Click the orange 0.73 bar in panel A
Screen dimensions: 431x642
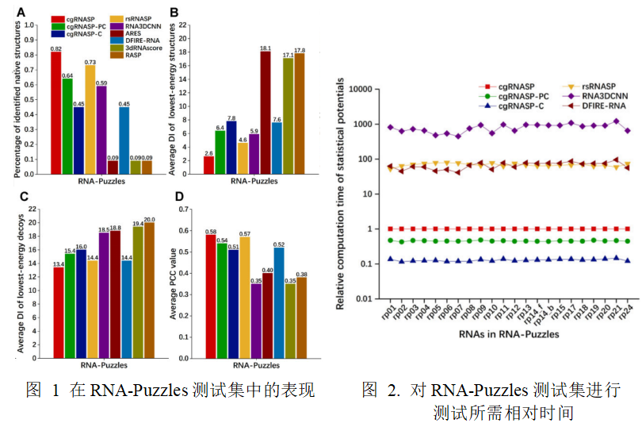(90, 119)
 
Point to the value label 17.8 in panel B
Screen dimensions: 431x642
(300, 50)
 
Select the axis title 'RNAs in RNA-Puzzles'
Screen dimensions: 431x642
(508, 334)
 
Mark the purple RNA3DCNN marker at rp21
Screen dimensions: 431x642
(616, 121)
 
